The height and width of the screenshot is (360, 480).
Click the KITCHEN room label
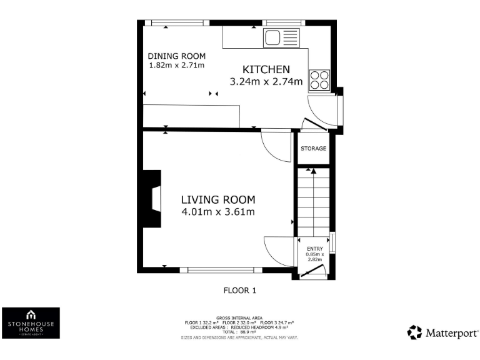tap(266, 69)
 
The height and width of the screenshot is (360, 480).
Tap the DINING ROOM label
tap(176, 56)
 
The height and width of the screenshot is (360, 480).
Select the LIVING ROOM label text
tap(218, 200)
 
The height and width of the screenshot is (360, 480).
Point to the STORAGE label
tap(313, 149)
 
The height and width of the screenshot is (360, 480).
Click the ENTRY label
tap(315, 249)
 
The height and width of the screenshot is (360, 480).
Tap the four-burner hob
tap(319, 79)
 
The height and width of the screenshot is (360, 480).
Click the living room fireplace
tap(152, 199)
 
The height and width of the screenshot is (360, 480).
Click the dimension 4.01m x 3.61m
tap(218, 212)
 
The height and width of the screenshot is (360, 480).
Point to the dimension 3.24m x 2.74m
tap(266, 81)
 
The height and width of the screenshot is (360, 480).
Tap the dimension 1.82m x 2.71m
tap(176, 65)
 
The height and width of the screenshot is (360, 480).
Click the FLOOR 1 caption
tap(240, 290)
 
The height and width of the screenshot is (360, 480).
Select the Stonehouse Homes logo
tap(31, 323)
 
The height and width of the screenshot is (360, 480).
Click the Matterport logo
tap(443, 332)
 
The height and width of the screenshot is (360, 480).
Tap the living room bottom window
tap(216, 270)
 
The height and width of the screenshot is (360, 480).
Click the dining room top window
tap(168, 23)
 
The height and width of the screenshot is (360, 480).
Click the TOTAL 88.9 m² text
tap(239, 331)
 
